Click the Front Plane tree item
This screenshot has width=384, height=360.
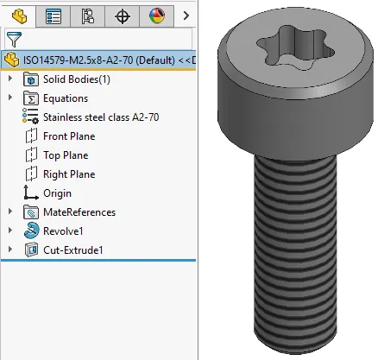point(68,136)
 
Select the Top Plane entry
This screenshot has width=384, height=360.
point(66,155)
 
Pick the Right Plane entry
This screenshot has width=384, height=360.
point(68,174)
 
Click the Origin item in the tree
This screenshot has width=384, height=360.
point(57,193)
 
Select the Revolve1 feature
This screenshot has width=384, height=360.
point(64,231)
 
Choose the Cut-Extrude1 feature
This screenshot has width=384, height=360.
point(73,250)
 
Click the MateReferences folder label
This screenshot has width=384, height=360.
point(79,212)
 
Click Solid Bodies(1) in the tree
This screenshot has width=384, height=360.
point(76,79)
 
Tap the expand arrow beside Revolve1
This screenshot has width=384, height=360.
point(9,231)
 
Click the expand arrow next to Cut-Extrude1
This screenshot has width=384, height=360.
point(9,250)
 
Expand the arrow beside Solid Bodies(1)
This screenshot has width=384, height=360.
point(9,79)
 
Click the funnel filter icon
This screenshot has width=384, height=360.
point(13,39)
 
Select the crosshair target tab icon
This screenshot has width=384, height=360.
point(123,16)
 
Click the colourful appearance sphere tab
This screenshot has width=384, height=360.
point(156,16)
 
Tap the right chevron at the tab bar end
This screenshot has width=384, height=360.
point(186,16)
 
